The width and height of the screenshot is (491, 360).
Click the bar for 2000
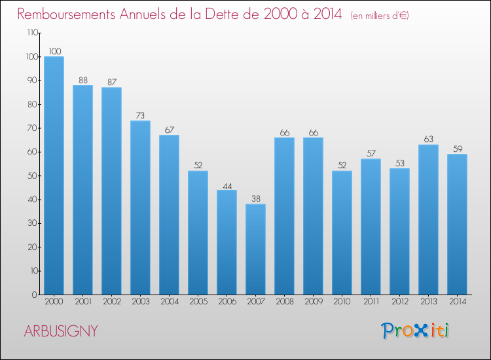(x=54, y=175)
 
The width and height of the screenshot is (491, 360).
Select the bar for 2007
(x=255, y=249)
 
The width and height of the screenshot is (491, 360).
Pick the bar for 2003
(x=140, y=207)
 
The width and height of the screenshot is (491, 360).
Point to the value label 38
(x=255, y=198)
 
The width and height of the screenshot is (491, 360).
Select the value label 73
(x=140, y=115)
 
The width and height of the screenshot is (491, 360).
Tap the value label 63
(x=428, y=139)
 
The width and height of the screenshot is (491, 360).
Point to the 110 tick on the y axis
(x=31, y=33)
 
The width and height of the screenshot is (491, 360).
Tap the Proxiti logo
(x=416, y=331)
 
